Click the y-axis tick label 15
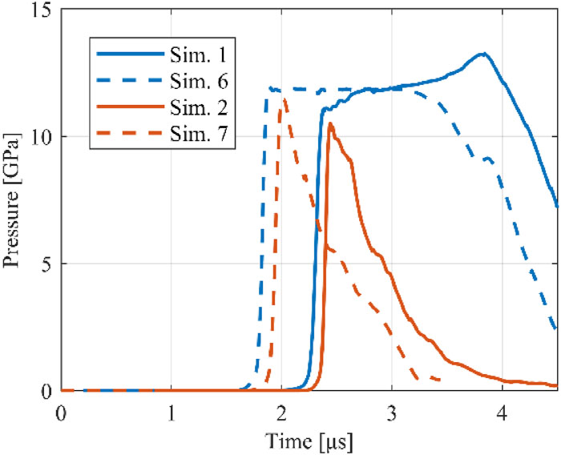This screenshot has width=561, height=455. click(39, 10)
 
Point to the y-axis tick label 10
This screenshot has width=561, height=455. click(39, 137)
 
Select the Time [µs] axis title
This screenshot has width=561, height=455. click(309, 440)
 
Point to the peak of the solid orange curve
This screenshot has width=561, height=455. click(330, 123)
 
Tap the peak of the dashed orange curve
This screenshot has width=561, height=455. click(283, 99)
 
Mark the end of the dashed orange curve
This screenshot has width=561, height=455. click(440, 380)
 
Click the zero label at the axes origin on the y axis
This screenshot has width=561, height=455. click(46, 391)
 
